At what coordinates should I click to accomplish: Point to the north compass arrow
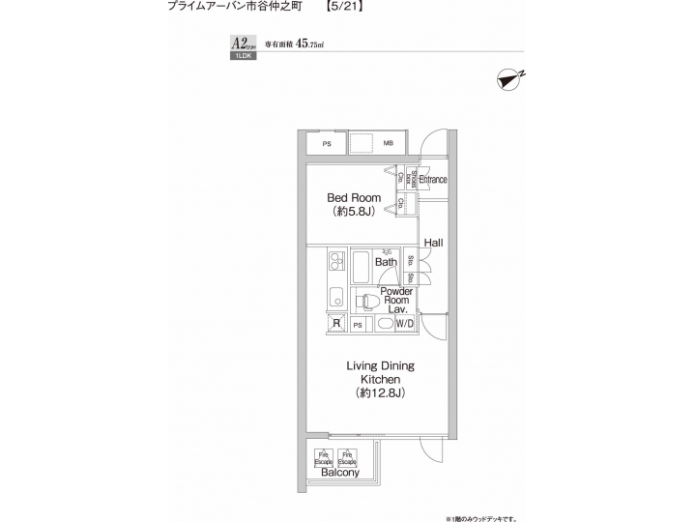509,79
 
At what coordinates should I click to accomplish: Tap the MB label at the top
389,144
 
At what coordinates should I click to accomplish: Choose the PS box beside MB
327,144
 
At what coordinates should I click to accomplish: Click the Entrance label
433,180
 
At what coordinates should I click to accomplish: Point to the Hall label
433,242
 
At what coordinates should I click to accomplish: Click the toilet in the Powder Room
366,302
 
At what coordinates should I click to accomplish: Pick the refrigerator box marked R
336,324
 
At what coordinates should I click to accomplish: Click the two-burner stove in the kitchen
336,262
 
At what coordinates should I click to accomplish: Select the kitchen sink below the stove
336,295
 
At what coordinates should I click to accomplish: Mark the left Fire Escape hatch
324,456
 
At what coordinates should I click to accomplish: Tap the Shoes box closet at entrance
414,179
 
